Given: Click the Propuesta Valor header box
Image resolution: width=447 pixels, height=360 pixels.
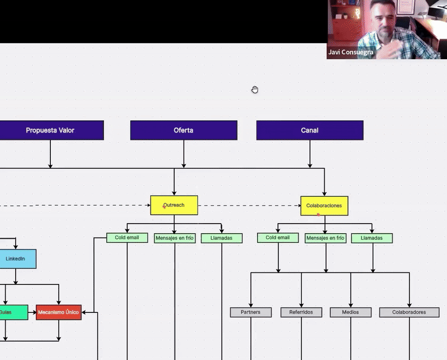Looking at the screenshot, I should pyautogui.click(x=50, y=130).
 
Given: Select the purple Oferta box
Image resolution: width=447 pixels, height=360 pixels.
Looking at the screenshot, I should pyautogui.click(x=183, y=130).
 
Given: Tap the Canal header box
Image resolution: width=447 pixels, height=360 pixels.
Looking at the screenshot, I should pyautogui.click(x=310, y=130).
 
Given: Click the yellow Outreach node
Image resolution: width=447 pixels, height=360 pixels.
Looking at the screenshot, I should pyautogui.click(x=174, y=205).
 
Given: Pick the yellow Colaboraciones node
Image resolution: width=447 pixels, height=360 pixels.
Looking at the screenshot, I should pyautogui.click(x=324, y=205).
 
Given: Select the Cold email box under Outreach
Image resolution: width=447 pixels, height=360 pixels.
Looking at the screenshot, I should pyautogui.click(x=127, y=238).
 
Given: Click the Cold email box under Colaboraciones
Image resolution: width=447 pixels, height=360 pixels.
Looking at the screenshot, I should pyautogui.click(x=278, y=238).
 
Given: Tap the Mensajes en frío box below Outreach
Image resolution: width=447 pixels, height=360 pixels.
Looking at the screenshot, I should pyautogui.click(x=174, y=238).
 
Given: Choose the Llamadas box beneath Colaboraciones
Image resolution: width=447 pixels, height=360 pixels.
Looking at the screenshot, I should pyautogui.click(x=372, y=238).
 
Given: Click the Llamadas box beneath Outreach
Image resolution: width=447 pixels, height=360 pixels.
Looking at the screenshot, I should pyautogui.click(x=222, y=238).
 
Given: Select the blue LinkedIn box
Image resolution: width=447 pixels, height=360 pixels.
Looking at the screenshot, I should pyautogui.click(x=16, y=259).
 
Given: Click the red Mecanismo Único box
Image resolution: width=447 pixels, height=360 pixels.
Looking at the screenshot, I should pyautogui.click(x=59, y=312).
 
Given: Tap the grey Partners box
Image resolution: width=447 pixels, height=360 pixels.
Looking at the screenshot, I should pyautogui.click(x=250, y=312).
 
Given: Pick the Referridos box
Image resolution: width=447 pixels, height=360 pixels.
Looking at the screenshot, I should pyautogui.click(x=301, y=312).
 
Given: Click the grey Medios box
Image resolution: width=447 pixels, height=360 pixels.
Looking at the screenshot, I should pyautogui.click(x=350, y=312).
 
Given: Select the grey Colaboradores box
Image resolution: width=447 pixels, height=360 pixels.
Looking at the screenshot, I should pyautogui.click(x=409, y=312).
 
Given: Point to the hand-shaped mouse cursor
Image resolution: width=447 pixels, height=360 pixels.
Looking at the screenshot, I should pyautogui.click(x=255, y=89).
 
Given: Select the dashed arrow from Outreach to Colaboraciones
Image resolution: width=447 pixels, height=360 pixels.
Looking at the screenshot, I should pyautogui.click(x=249, y=206).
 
